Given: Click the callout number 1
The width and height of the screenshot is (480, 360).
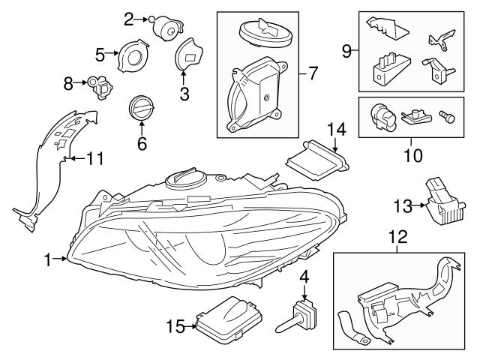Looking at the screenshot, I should pos(48,259).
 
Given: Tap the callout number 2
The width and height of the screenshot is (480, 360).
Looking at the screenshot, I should pos(128,17).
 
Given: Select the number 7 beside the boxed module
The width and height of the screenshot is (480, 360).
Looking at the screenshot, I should pos(313,73).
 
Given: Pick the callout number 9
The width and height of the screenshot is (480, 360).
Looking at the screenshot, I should pos(346,50).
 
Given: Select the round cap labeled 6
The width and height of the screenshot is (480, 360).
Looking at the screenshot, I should pos(141,107).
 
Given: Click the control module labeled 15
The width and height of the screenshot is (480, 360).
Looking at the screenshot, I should pos(228,319).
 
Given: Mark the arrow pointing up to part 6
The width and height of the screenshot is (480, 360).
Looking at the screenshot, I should pos(141,128).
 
